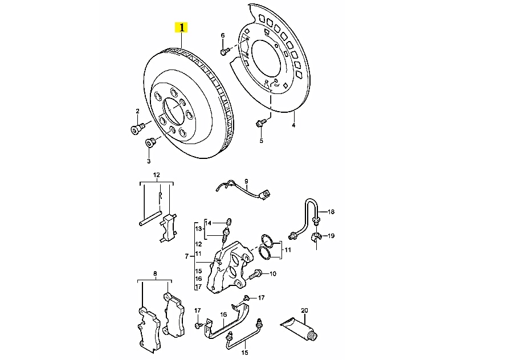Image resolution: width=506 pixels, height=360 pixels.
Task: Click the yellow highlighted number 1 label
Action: (x=182, y=27)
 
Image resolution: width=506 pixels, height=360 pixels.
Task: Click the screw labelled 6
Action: (x=223, y=52)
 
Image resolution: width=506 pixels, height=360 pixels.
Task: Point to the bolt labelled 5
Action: (x=260, y=122)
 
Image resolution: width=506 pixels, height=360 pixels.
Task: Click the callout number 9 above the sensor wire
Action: (x=247, y=181)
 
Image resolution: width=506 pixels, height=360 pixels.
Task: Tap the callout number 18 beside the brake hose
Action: (x=331, y=212)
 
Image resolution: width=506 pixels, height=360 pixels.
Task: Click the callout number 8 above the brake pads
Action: (x=154, y=274)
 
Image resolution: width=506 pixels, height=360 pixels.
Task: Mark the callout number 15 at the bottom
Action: (x=244, y=353)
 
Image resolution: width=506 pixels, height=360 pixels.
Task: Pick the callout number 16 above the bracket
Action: (x=223, y=314)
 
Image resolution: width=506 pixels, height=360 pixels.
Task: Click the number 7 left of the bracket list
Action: (x=186, y=257)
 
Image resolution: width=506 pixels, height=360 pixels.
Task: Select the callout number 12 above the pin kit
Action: (x=156, y=175)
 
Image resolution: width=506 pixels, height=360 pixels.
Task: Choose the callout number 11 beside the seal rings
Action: (x=288, y=249)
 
